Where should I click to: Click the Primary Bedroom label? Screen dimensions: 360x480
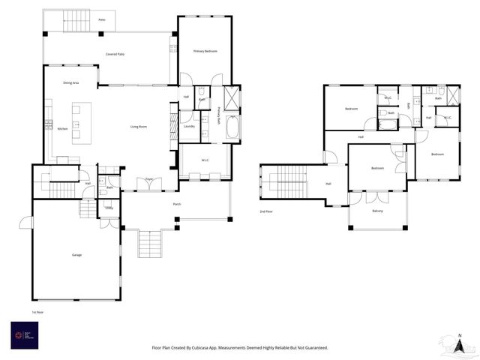click(x=205, y=51)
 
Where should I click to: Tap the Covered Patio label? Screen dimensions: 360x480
click(x=115, y=55)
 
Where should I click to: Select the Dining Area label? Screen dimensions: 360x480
click(x=71, y=83)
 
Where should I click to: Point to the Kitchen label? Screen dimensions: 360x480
click(x=62, y=129)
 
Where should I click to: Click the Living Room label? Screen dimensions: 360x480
click(x=138, y=127)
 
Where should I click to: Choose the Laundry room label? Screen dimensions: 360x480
click(x=189, y=126)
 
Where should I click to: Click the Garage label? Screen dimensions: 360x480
click(x=76, y=255)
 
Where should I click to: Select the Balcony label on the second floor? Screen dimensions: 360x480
click(x=377, y=211)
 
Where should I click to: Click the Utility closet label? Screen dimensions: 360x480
click(x=109, y=208)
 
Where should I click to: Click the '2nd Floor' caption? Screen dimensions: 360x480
click(x=266, y=212)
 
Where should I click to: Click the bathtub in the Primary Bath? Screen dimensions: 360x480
click(x=232, y=129)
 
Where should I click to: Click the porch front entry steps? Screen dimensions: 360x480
click(x=149, y=244)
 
